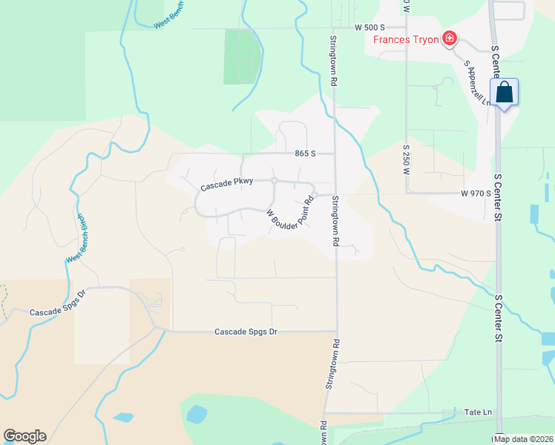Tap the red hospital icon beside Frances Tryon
pyautogui.click(x=449, y=39)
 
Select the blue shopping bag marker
pyautogui.click(x=504, y=93)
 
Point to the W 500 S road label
pyautogui.click(x=370, y=27)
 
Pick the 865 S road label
pyautogui.click(x=304, y=154)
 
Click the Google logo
pyautogui.click(x=24, y=436)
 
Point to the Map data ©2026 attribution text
pyautogui.click(x=523, y=439)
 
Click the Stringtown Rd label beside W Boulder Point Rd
pyautogui.click(x=335, y=222)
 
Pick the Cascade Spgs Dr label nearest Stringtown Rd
pyautogui.click(x=245, y=332)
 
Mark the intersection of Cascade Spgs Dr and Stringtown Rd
pyautogui.click(x=337, y=332)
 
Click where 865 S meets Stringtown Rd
pyautogui.click(x=335, y=154)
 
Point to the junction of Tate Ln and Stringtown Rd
pyautogui.click(x=325, y=413)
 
